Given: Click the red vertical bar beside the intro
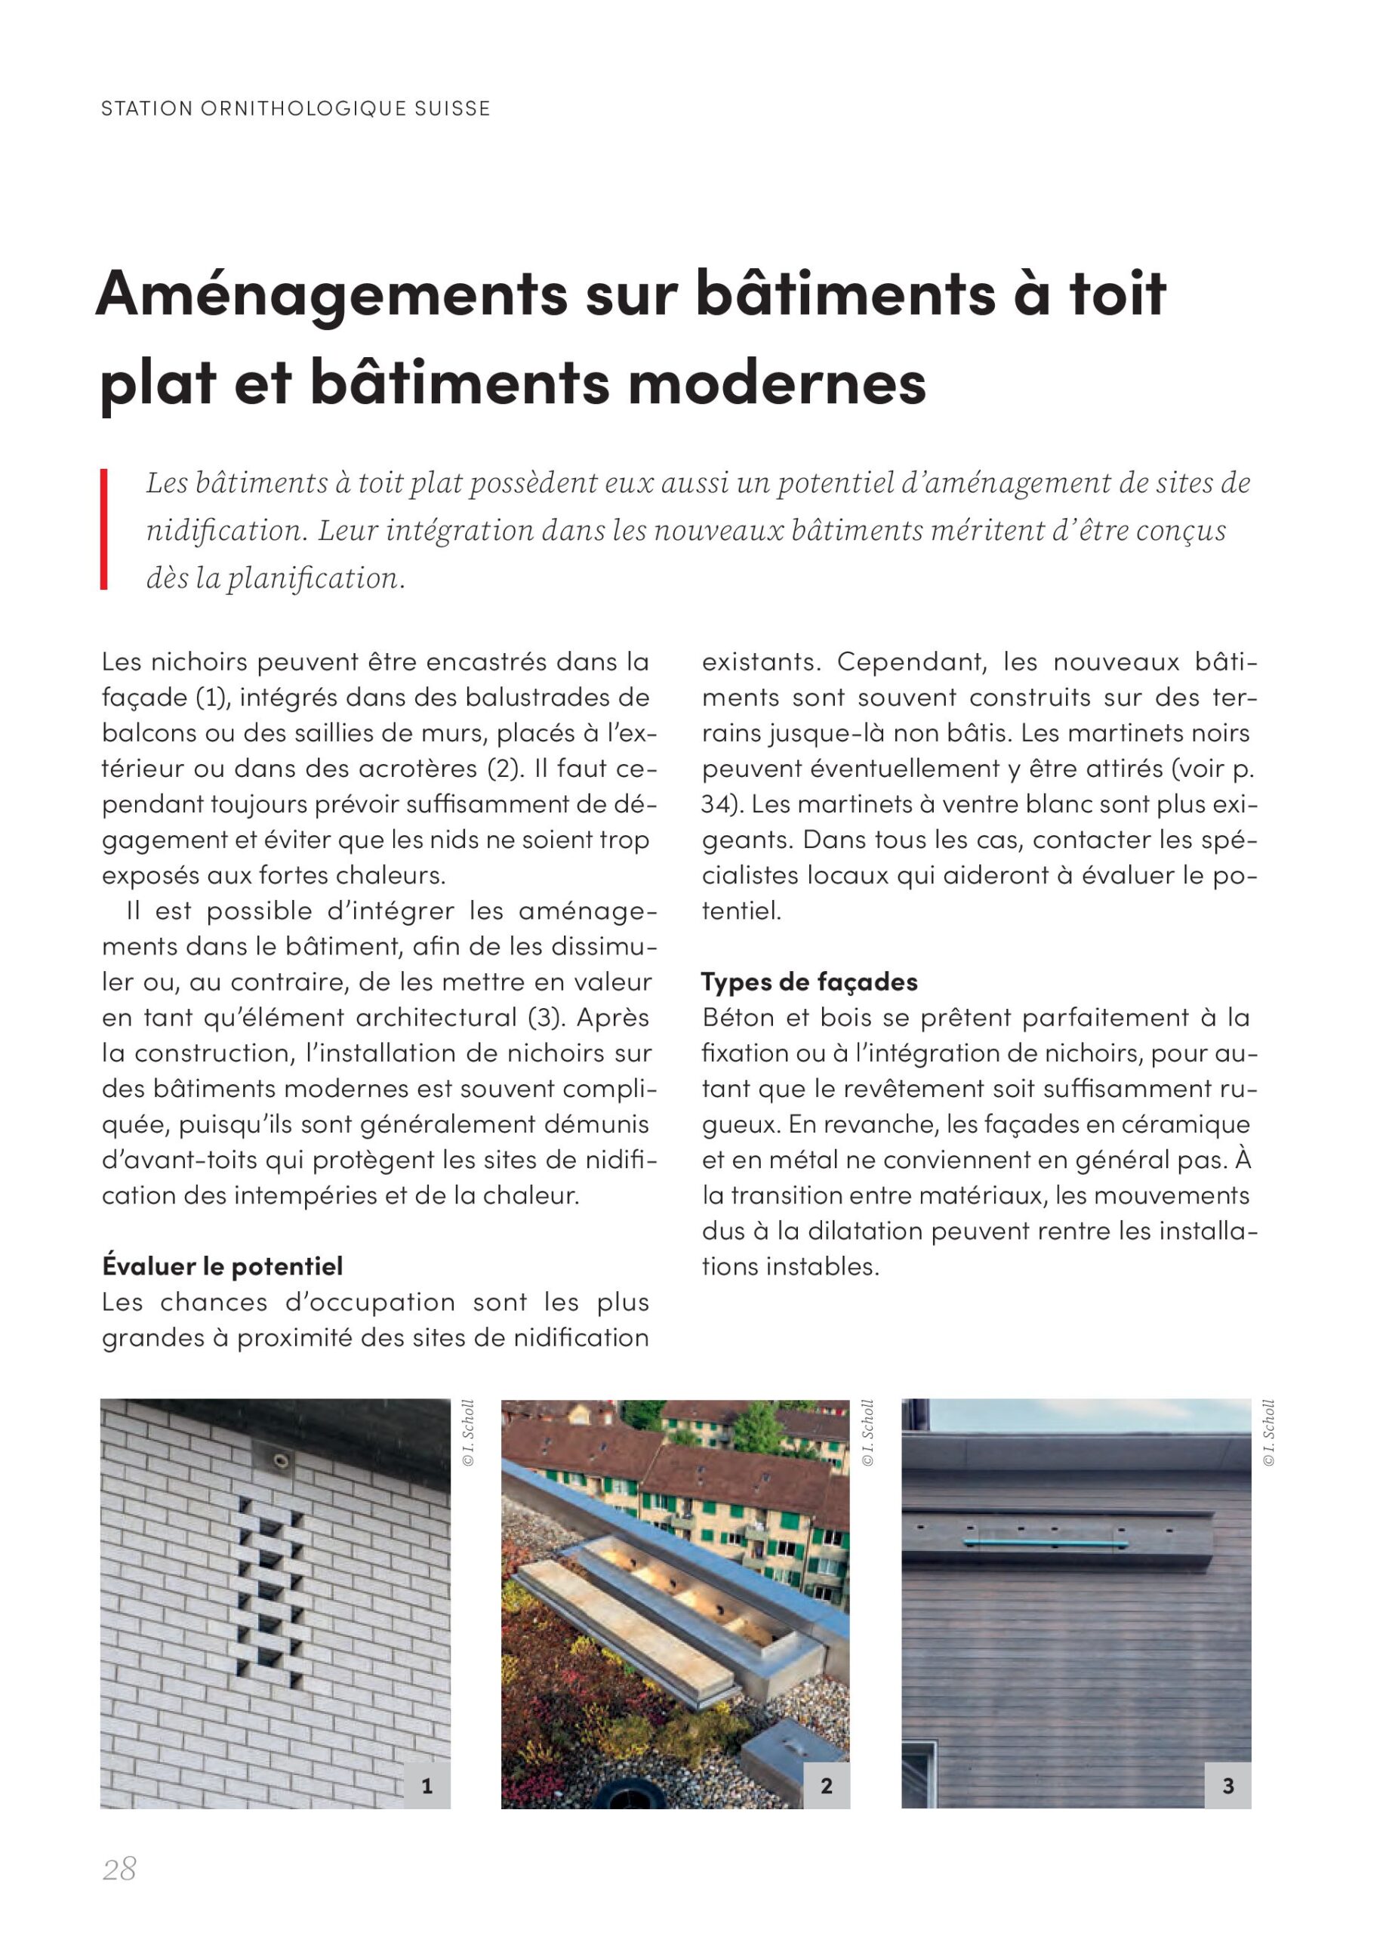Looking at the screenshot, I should (104, 529).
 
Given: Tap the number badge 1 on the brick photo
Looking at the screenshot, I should (426, 1786).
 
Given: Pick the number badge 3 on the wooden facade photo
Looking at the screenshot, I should (1227, 1786).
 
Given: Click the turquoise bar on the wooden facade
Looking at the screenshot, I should (1044, 1543).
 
